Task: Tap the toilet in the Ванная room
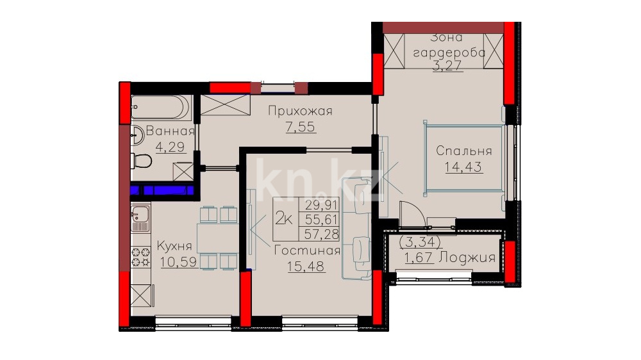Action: pyautogui.click(x=142, y=161)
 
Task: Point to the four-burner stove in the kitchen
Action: pyautogui.click(x=140, y=257)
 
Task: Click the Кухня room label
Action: pyautogui.click(x=174, y=246)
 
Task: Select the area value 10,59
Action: pyautogui.click(x=179, y=261)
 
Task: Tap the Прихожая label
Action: pyautogui.click(x=300, y=111)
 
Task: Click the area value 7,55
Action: pyautogui.click(x=301, y=127)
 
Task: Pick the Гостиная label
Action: pyautogui.click(x=307, y=250)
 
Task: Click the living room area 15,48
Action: pyautogui.click(x=306, y=266)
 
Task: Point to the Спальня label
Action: pyautogui.click(x=464, y=151)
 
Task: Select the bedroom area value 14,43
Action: pyautogui.click(x=463, y=167)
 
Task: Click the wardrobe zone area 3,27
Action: pyautogui.click(x=447, y=65)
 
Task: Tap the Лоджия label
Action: pyautogui.click(x=467, y=258)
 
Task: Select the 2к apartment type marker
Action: pyautogui.click(x=284, y=220)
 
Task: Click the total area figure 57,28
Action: pyautogui.click(x=322, y=234)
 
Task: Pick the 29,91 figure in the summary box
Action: pyautogui.click(x=322, y=204)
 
